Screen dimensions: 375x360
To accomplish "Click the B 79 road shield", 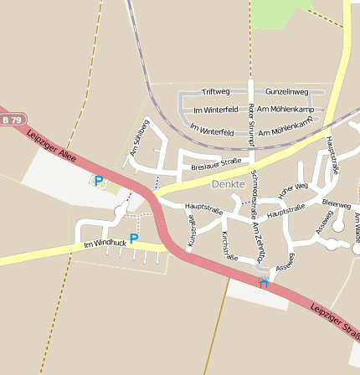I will click(12, 121).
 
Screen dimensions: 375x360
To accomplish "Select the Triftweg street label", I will click(216, 91).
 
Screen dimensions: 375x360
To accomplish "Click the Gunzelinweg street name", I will click(286, 91).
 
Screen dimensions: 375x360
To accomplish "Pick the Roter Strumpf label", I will click(251, 120).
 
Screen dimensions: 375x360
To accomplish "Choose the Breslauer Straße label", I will click(216, 164).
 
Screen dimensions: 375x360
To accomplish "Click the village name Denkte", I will click(229, 183).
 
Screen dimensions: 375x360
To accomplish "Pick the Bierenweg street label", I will click(336, 203).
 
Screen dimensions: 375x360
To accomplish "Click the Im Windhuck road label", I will click(105, 244).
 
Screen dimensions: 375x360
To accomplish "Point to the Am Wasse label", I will click(355, 227).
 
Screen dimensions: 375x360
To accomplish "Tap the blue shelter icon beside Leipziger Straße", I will click(264, 282).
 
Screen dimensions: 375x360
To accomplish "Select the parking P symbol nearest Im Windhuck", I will click(133, 239).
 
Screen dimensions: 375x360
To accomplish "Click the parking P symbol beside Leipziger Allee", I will click(99, 181).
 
